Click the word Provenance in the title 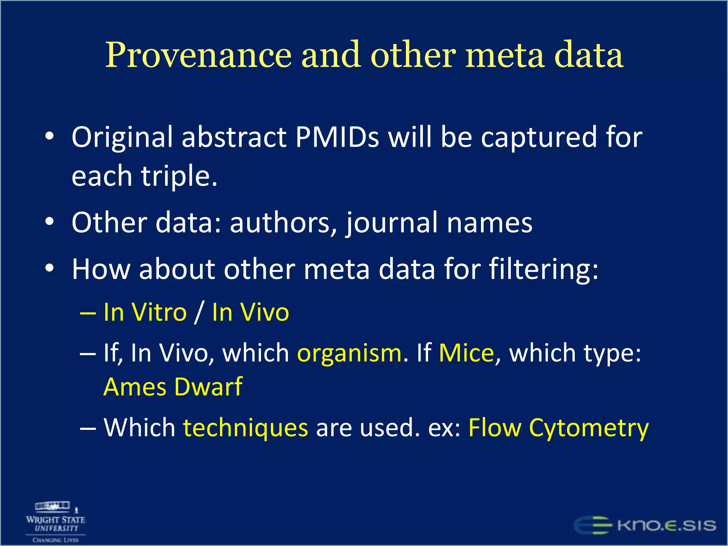pos(198,55)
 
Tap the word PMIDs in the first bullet pos(337,137)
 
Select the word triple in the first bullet pos(179,176)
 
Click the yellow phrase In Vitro pos(145,312)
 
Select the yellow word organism pos(349,353)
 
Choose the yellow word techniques pos(245,428)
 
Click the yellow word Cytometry pos(589,428)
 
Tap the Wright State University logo pos(55,522)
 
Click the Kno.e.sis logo pos(645,525)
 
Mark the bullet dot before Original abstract pos(49,136)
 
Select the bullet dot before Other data pos(49,222)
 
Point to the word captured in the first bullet pos(539,137)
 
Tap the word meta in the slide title pos(505,55)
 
